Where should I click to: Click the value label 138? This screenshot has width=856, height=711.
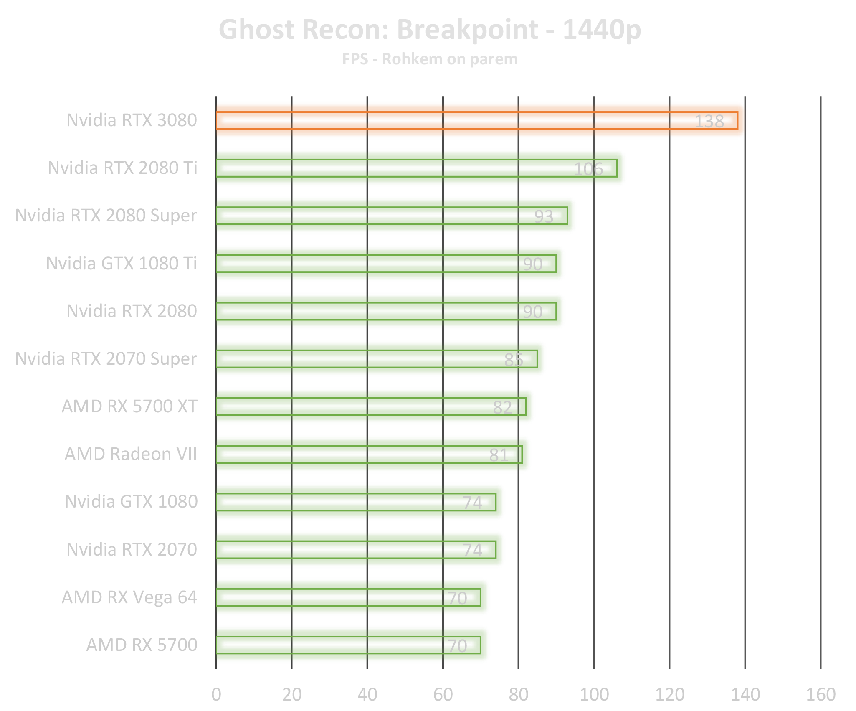click(x=709, y=122)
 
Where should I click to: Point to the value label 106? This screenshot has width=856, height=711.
click(x=588, y=169)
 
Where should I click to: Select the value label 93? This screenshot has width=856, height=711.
click(x=544, y=216)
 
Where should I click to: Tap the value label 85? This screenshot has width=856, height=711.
click(x=514, y=360)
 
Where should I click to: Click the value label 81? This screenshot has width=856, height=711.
click(x=499, y=455)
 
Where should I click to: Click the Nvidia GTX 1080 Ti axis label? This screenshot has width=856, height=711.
click(x=122, y=264)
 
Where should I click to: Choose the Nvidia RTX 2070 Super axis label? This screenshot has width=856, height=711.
click(x=106, y=359)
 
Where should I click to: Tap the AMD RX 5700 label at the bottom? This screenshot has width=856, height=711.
click(x=142, y=645)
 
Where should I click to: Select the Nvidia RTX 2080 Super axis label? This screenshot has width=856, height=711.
click(x=106, y=216)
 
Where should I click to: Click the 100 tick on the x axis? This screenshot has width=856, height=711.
click(x=594, y=694)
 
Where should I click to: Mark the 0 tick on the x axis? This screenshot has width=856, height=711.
click(x=216, y=694)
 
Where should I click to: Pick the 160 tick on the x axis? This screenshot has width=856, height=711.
click(x=820, y=694)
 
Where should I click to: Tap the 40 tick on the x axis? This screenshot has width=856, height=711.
click(x=367, y=694)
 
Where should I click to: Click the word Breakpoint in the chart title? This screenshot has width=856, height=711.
click(x=467, y=30)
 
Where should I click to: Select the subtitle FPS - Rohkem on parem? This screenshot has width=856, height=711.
click(x=430, y=59)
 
